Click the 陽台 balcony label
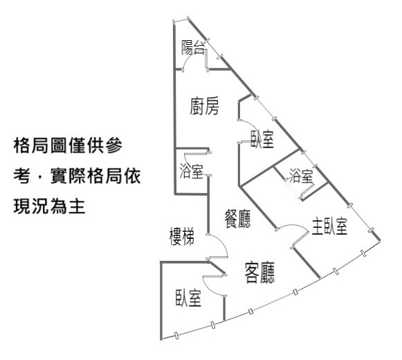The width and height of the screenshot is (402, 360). pyautogui.click(x=193, y=48)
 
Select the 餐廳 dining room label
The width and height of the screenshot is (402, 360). pyautogui.click(x=237, y=219)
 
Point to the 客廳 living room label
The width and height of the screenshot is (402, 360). pyautogui.click(x=259, y=273)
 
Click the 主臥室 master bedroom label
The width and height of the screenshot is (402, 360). pyautogui.click(x=329, y=226)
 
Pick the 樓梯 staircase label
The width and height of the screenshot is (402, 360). pyautogui.click(x=182, y=236)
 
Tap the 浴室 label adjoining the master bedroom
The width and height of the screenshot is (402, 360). pyautogui.click(x=301, y=176)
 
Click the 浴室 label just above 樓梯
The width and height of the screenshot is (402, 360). pyautogui.click(x=191, y=171)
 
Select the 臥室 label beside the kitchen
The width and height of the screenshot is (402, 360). pyautogui.click(x=262, y=139)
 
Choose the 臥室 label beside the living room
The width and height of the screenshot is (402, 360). pyautogui.click(x=188, y=298)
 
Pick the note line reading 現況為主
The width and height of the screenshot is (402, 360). pyautogui.click(x=49, y=206)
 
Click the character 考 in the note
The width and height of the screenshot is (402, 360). pyautogui.click(x=22, y=176)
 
